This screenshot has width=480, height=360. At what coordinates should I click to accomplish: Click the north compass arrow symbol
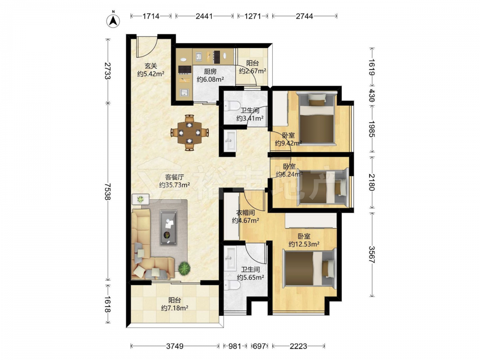(x=113, y=20)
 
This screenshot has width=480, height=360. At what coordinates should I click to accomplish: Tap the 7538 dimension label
(x=107, y=192)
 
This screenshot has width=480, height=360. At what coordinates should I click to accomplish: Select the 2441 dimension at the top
(x=204, y=16)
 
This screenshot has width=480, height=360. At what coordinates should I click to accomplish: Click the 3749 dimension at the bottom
(x=175, y=346)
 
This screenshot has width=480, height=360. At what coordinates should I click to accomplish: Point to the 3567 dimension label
(x=372, y=254)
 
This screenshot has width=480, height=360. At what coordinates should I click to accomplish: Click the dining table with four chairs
(x=190, y=133)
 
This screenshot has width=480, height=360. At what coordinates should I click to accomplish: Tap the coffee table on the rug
(x=168, y=228)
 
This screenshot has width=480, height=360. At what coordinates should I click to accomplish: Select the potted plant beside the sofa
(x=184, y=268)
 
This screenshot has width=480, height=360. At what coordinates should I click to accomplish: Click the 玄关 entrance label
(x=151, y=66)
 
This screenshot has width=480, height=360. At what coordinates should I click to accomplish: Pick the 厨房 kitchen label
(x=210, y=72)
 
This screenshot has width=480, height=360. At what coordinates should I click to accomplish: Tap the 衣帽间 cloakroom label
(x=246, y=213)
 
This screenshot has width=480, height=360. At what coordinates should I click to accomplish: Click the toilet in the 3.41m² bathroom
(x=232, y=106)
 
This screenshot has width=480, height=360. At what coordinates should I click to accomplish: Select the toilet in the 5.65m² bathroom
(x=232, y=285)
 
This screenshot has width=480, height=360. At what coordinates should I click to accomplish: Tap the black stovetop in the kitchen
(x=185, y=70)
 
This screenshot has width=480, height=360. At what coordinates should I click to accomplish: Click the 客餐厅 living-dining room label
(x=174, y=177)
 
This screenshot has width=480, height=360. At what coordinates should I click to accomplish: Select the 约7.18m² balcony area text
(x=175, y=308)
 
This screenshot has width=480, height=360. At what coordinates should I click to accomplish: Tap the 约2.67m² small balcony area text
(x=252, y=71)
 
